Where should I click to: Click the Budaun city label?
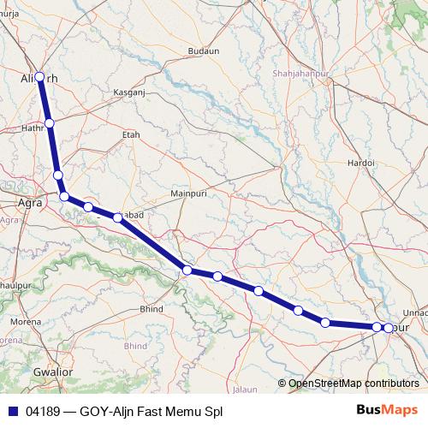coord(204,51)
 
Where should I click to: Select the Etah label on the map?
coord(131,134)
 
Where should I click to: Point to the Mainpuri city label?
coord(190,193)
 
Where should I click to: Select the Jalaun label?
coord(245,389)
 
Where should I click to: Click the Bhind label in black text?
coord(151,308)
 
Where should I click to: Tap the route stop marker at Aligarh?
coord(39,77)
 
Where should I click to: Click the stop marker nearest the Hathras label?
coord(50,123)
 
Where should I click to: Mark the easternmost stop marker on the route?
coord(389,328)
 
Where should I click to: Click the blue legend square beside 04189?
coord(13,411)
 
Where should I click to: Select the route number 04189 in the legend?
coord(43,411)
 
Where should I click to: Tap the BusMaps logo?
coord(386,410)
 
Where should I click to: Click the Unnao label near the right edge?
coord(414,312)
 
